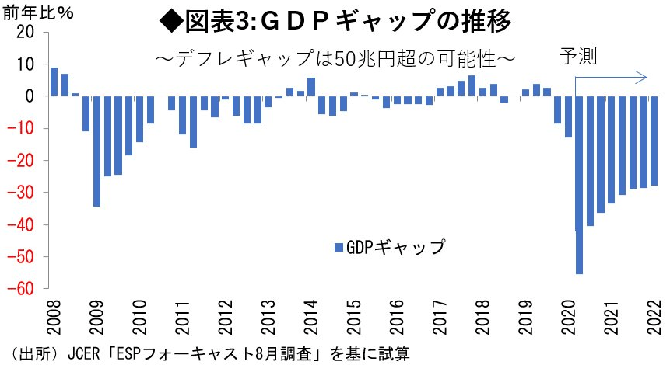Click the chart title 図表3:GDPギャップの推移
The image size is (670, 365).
pos(335,21)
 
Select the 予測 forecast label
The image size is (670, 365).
pos(577,57)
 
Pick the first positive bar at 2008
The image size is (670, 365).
pos(54,82)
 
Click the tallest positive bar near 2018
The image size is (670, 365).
pos(472,85)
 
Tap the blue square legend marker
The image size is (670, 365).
pos(338,248)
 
